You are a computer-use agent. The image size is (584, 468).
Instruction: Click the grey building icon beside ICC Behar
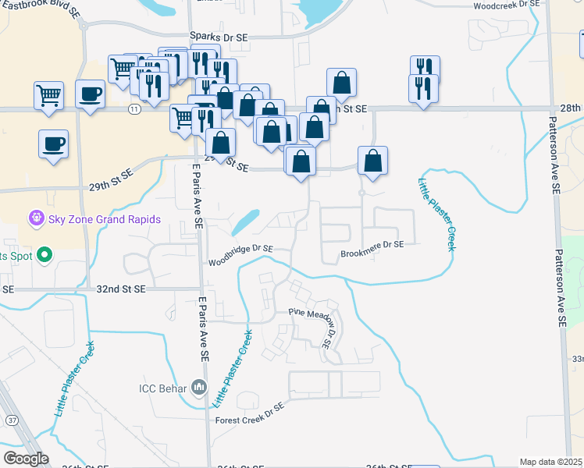point(199,386)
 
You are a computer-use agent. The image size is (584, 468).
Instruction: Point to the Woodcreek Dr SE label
point(507,5)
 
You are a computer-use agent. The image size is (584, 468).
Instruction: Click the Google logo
point(27,459)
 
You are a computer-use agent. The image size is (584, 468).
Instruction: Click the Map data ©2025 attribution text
point(550,462)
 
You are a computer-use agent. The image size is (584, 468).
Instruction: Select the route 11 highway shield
point(135,109)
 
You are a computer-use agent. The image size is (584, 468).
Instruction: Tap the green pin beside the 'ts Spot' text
point(45,255)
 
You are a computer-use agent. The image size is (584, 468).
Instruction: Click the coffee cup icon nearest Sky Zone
point(53,144)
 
